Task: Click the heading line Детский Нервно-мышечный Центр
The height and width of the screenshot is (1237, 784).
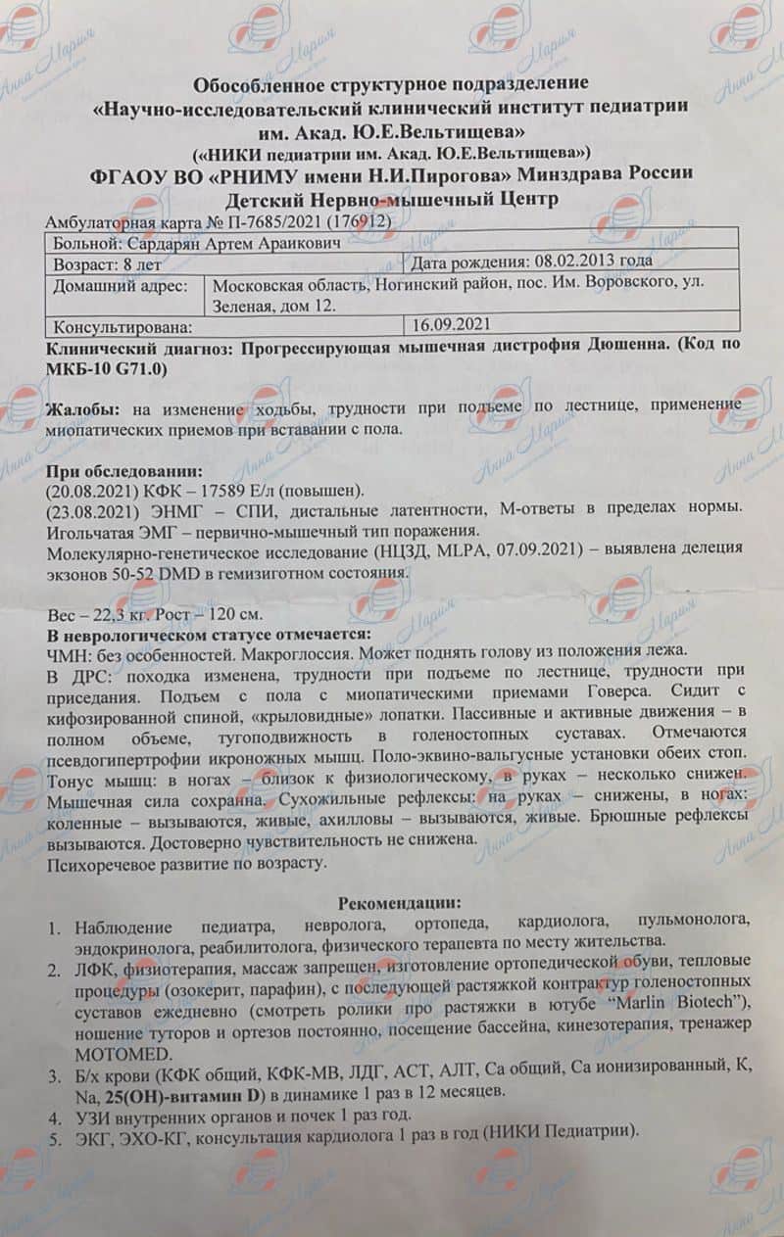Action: (x=392, y=200)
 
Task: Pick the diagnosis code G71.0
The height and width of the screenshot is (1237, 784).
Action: (x=139, y=367)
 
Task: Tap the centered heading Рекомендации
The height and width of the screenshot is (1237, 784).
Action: (x=399, y=904)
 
